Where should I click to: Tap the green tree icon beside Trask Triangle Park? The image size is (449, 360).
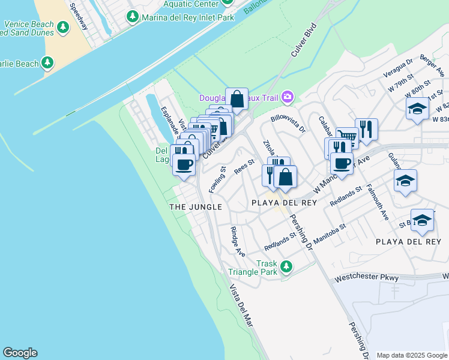click(287, 266)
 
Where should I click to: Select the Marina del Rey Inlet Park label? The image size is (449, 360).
click(187, 17)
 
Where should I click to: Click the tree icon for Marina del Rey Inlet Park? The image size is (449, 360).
click(133, 17)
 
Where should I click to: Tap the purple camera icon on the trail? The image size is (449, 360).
click(288, 97)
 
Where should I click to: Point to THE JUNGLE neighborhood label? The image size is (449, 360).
click(196, 207)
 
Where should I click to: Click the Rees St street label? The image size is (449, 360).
click(244, 166)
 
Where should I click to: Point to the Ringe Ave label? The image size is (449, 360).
click(238, 241)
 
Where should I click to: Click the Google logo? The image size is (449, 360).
click(20, 353)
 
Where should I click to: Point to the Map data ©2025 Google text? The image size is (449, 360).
click(412, 355)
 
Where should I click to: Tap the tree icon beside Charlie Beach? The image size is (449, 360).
click(49, 63)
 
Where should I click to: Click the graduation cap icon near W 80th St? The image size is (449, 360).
click(417, 109)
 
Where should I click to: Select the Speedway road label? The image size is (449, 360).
click(77, 17)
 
